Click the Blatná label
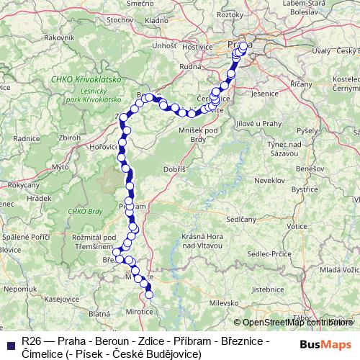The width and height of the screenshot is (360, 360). click(x=99, y=314)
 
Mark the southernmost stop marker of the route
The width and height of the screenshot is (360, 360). click(x=150, y=294)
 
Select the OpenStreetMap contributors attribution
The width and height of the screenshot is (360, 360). click(x=295, y=323)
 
